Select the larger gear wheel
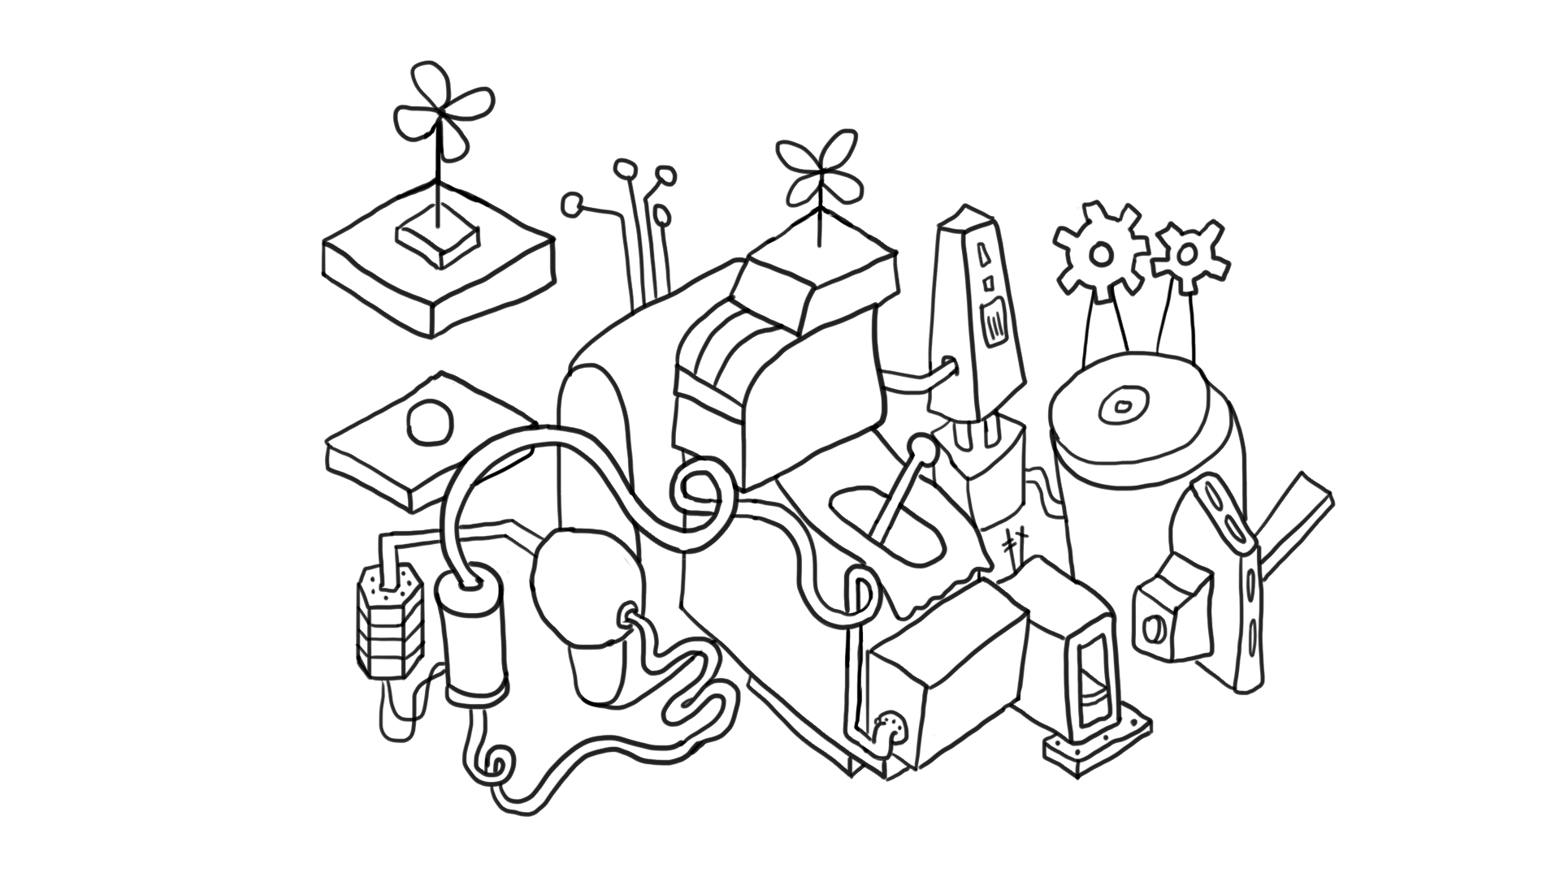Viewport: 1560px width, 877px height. tap(1100, 253)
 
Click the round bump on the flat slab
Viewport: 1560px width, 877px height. tap(429, 423)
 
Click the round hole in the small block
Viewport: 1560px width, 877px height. tap(1153, 628)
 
